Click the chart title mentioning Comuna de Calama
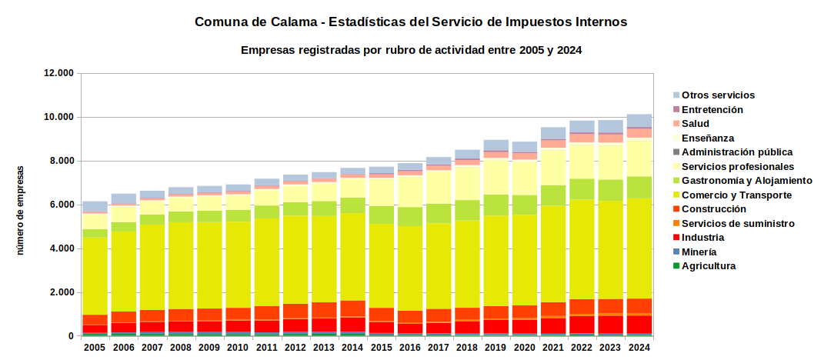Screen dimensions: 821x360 click(x=411, y=22)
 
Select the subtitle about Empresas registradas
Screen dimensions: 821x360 click(x=411, y=50)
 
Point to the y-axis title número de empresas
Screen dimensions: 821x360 click(x=21, y=210)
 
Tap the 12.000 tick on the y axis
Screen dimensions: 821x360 click(x=59, y=73)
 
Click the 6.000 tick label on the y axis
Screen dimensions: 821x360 click(x=62, y=205)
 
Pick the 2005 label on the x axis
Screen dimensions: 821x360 click(x=95, y=348)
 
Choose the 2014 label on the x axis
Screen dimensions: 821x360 click(x=352, y=348)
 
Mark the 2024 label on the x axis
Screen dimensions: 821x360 click(x=639, y=348)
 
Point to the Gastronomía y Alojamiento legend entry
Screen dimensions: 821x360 click(x=743, y=181)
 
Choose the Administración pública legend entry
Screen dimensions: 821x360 click(x=733, y=152)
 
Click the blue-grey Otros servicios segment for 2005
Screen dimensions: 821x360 click(x=95, y=206)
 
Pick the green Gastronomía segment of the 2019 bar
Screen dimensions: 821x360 click(x=496, y=205)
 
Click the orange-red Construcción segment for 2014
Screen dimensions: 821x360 click(x=352, y=308)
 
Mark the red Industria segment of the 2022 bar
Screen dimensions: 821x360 click(x=582, y=325)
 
